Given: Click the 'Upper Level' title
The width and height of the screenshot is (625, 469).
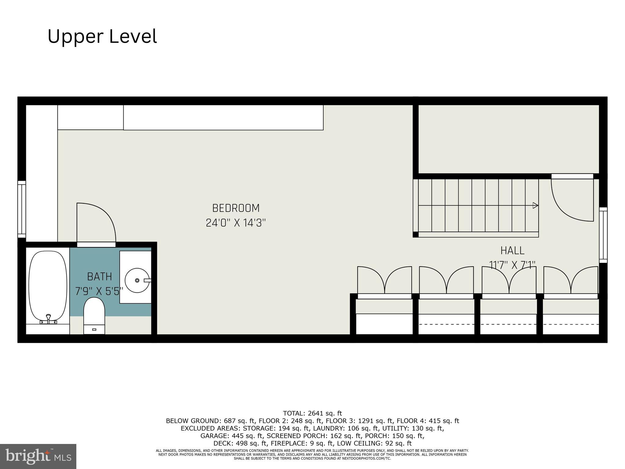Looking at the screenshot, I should pyautogui.click(x=102, y=36).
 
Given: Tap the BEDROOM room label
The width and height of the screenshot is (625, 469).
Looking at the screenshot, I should pyautogui.click(x=236, y=208).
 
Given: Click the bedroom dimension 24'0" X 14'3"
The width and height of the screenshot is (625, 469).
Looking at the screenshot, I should pyautogui.click(x=236, y=223).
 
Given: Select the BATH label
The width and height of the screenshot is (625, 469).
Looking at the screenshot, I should pyautogui.click(x=100, y=277).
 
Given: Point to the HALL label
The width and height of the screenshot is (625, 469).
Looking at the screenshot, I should pyautogui.click(x=512, y=251).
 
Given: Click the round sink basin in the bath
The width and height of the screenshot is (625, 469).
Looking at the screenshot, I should pyautogui.click(x=137, y=280).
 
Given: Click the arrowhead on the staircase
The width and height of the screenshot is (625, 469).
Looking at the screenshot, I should pyautogui.click(x=535, y=205).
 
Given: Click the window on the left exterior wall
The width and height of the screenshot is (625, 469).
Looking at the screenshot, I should pyautogui.click(x=22, y=209).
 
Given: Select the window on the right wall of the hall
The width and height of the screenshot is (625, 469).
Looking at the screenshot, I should pyautogui.click(x=603, y=235).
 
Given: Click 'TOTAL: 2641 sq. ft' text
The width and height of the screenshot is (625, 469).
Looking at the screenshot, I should pyautogui.click(x=312, y=413).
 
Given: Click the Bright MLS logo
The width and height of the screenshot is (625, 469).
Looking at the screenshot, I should pyautogui.click(x=38, y=456).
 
